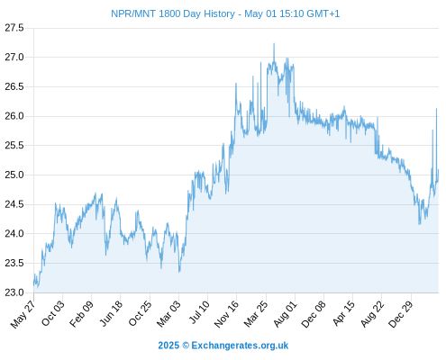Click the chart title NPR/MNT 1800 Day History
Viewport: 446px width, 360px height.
point(173,13)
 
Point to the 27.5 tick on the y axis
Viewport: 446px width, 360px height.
point(14,28)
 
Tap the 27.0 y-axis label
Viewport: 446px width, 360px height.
point(14,57)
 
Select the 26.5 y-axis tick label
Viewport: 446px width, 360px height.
point(14,86)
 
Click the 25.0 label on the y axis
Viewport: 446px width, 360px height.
point(14,175)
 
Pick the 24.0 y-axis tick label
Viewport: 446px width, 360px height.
point(14,233)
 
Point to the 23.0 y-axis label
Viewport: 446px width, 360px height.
point(14,292)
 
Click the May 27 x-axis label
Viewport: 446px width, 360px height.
point(23,314)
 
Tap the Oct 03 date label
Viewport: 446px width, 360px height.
point(52,313)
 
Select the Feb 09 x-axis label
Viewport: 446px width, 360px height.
point(81,314)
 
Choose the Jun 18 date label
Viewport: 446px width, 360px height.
point(111,313)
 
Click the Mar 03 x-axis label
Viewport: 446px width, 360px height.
point(168,314)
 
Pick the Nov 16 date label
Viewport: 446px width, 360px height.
point(226,314)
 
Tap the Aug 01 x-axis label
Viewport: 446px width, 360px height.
point(285,314)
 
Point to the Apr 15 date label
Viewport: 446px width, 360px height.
point(343,313)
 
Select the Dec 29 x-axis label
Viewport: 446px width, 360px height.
point(400,314)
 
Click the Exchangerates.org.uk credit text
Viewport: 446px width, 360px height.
point(240,346)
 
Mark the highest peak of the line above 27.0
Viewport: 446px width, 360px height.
point(274,44)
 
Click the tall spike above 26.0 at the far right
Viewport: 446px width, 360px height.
point(436,109)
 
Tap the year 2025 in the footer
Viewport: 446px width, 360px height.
point(168,346)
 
